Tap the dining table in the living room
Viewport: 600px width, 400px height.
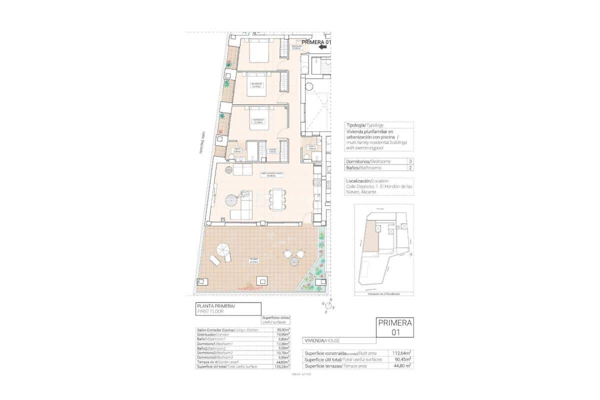coord(278,198)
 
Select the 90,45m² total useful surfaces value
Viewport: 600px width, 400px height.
coord(402,359)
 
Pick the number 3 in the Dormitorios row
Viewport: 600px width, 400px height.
coord(410,161)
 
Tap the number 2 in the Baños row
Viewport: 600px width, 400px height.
coord(410,168)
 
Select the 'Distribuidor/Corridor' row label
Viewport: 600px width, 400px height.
coord(215,334)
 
